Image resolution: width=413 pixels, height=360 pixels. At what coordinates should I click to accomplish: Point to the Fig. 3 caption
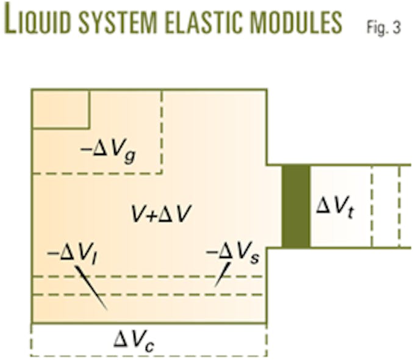tap(384, 27)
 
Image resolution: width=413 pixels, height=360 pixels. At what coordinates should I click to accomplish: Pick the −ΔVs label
tap(231, 253)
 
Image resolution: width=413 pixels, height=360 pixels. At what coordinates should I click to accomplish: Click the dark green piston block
tap(296, 206)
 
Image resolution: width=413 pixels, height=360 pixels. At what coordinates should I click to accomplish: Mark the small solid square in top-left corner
tap(61, 109)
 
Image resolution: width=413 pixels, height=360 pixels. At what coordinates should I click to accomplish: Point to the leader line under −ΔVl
tap(92, 287)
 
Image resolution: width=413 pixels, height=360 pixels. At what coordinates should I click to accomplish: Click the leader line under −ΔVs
tap(222, 274)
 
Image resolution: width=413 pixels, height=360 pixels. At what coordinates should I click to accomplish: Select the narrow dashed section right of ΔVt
tap(386, 206)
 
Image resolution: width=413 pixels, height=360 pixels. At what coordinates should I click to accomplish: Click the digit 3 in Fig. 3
tap(397, 28)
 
